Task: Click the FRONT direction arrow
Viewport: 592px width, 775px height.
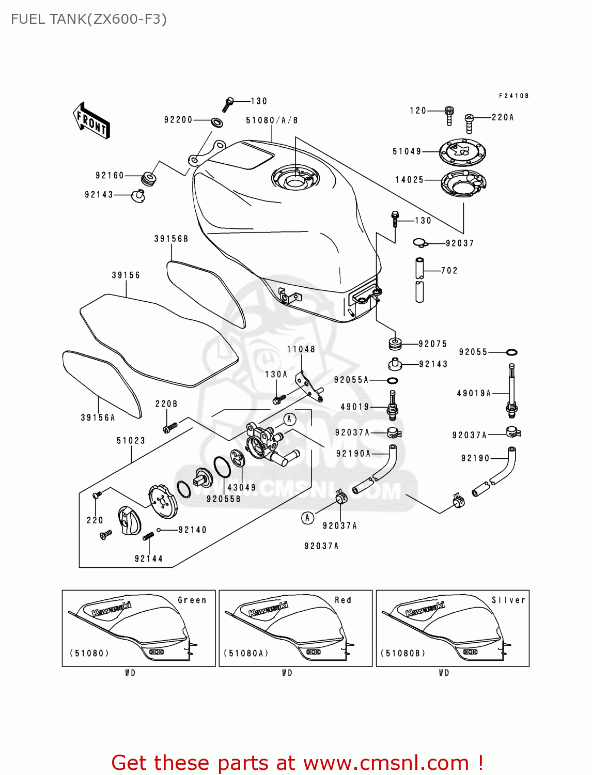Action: click(91, 121)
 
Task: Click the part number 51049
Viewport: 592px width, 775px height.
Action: click(407, 151)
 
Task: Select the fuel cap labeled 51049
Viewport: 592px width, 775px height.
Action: click(462, 152)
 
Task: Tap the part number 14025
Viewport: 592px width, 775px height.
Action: click(409, 180)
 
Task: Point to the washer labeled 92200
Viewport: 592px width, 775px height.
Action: click(217, 122)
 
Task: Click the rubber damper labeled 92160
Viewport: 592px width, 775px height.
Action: click(149, 179)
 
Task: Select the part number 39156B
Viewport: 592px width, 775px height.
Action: click(171, 239)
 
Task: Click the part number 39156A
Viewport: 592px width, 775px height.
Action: click(98, 417)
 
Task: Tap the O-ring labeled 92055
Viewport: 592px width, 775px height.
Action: click(511, 352)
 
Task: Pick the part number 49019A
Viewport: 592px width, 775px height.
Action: click(474, 393)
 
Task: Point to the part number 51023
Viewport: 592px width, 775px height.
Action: click(131, 441)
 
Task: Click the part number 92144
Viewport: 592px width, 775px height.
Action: click(149, 559)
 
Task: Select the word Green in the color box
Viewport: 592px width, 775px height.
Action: click(192, 600)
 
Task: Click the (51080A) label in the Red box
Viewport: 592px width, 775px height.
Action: click(246, 654)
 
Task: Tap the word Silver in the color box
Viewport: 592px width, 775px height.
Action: click(508, 600)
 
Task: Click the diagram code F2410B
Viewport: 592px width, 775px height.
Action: click(513, 96)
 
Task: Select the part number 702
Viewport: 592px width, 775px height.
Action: click(449, 271)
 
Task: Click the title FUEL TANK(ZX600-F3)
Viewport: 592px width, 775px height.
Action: click(89, 19)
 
